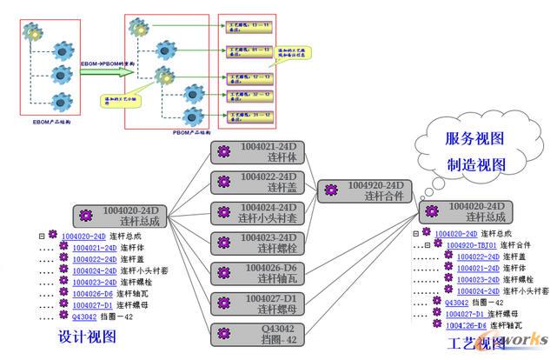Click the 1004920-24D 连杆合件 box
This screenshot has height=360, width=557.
(366, 191)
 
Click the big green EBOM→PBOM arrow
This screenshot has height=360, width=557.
(104, 70)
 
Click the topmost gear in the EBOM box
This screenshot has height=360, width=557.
(35, 33)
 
